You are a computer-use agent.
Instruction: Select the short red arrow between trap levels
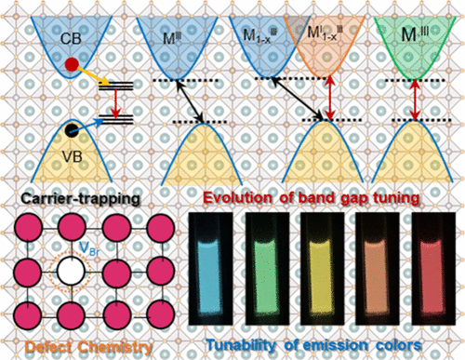click(x=110, y=102)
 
